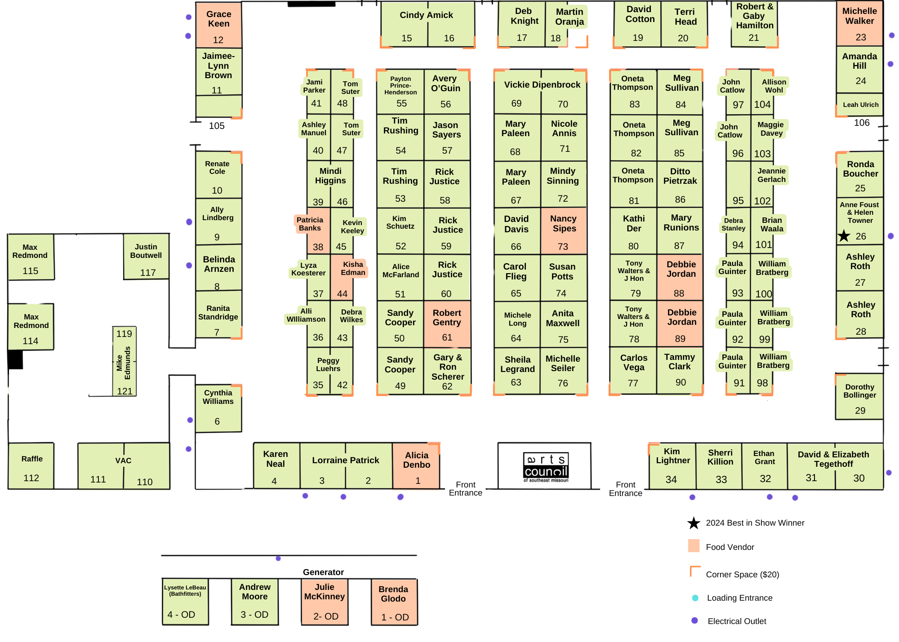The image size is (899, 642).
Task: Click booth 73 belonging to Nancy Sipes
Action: [x=563, y=231]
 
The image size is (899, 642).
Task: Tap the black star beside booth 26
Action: [x=844, y=236]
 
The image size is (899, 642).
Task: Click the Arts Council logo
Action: [x=546, y=467]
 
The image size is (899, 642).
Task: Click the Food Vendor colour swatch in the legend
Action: [x=694, y=546]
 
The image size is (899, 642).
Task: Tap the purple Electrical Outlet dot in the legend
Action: [x=694, y=620]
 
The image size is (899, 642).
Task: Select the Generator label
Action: [x=323, y=572]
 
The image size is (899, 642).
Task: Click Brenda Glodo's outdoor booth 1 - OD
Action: [x=394, y=602]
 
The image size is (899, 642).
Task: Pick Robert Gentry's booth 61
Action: [x=447, y=324]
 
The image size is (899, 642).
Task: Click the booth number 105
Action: [x=217, y=126]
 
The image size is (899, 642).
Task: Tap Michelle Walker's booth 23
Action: [x=859, y=23]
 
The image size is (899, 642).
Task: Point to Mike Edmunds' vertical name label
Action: [x=124, y=363]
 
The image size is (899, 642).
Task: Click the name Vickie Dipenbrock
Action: [x=542, y=84]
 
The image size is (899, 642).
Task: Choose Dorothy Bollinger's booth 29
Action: [x=859, y=397]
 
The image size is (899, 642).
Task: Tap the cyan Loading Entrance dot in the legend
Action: [x=695, y=598]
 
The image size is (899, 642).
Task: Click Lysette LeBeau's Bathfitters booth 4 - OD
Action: [x=185, y=602]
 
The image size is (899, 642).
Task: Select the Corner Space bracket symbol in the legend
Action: [x=695, y=571]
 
